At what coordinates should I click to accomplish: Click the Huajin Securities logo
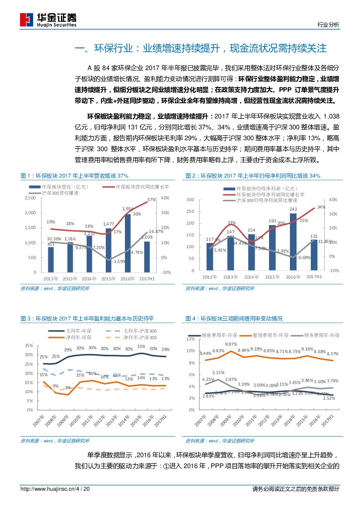(x=48, y=19)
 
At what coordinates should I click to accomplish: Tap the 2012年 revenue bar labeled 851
(x=51, y=260)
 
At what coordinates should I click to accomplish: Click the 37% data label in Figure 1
(x=151, y=199)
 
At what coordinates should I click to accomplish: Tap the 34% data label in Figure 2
(x=321, y=207)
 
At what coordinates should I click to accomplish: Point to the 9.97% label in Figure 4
(x=231, y=344)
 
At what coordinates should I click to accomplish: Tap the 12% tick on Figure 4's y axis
(x=190, y=339)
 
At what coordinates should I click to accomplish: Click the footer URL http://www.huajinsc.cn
(x=48, y=489)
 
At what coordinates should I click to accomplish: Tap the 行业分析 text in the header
(x=329, y=25)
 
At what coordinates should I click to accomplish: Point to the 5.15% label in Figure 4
(x=219, y=372)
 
